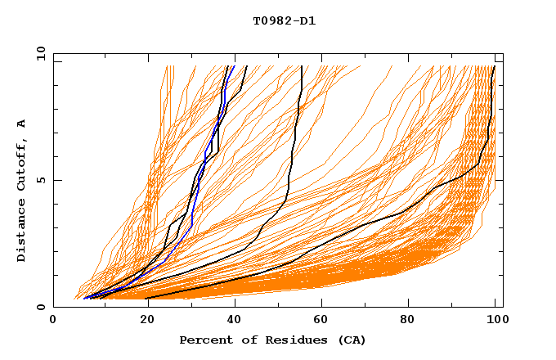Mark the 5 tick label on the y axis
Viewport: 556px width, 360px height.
[41, 180]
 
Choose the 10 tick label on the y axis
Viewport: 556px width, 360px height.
[38, 53]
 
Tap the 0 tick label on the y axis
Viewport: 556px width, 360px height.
[41, 307]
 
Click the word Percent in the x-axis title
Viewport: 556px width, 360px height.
[204, 340]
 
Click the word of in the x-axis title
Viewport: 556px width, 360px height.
[249, 340]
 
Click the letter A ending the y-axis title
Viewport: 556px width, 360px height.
[22, 124]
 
